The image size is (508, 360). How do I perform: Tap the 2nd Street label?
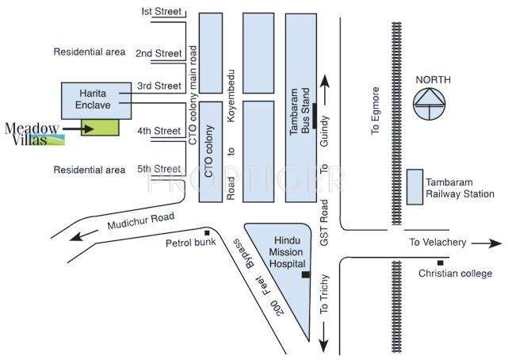[159, 53]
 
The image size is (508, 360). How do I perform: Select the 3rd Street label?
[159, 86]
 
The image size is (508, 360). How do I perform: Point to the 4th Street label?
[159, 130]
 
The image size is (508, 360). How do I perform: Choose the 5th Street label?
[159, 169]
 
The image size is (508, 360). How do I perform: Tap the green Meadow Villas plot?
[102, 128]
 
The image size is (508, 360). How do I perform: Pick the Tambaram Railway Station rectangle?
[414, 187]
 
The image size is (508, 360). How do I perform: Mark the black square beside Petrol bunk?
[207, 232]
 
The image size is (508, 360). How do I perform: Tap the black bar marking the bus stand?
[315, 116]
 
